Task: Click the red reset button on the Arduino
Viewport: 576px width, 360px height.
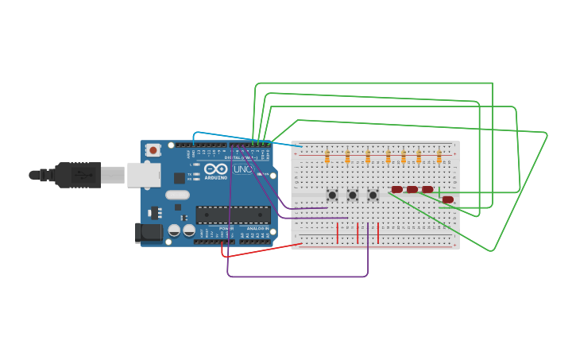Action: (153, 149)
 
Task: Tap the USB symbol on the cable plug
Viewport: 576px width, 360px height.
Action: (80, 174)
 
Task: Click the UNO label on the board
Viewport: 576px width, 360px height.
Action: (242, 169)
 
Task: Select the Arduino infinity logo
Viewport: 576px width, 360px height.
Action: (215, 168)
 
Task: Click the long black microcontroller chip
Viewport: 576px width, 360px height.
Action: (233, 215)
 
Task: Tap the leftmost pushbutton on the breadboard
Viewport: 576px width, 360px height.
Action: (332, 195)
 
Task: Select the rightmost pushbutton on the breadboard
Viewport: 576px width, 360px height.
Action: (373, 195)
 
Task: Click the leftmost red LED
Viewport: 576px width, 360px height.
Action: (396, 189)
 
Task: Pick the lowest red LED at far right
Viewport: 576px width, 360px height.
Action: (448, 199)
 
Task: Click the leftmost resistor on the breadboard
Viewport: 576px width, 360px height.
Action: (327, 157)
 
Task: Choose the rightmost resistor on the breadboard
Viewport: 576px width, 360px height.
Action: (439, 157)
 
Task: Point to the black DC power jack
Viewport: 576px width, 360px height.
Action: (148, 232)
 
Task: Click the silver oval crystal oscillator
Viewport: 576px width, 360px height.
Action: (178, 195)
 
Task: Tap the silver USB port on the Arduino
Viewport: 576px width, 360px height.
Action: (144, 174)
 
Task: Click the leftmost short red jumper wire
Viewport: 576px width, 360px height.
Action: (338, 233)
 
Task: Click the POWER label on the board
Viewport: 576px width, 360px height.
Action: (226, 228)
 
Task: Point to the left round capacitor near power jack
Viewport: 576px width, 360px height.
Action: (174, 230)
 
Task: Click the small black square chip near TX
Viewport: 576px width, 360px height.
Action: (180, 178)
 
